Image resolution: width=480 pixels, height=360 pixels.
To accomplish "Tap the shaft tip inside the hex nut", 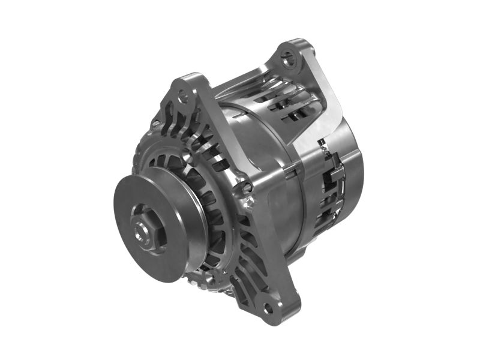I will click(x=144, y=229).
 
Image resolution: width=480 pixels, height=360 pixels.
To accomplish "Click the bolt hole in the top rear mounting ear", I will click(x=290, y=58).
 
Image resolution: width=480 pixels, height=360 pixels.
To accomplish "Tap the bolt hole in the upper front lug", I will click(x=183, y=96).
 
